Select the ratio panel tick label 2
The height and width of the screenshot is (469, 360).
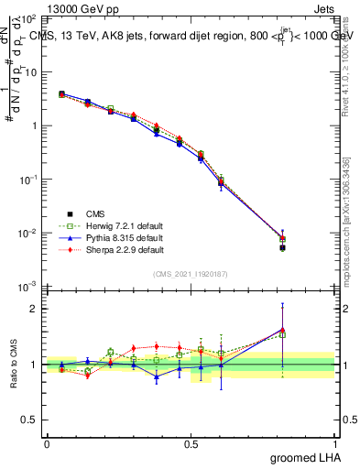pyautogui.click(x=37, y=309)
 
